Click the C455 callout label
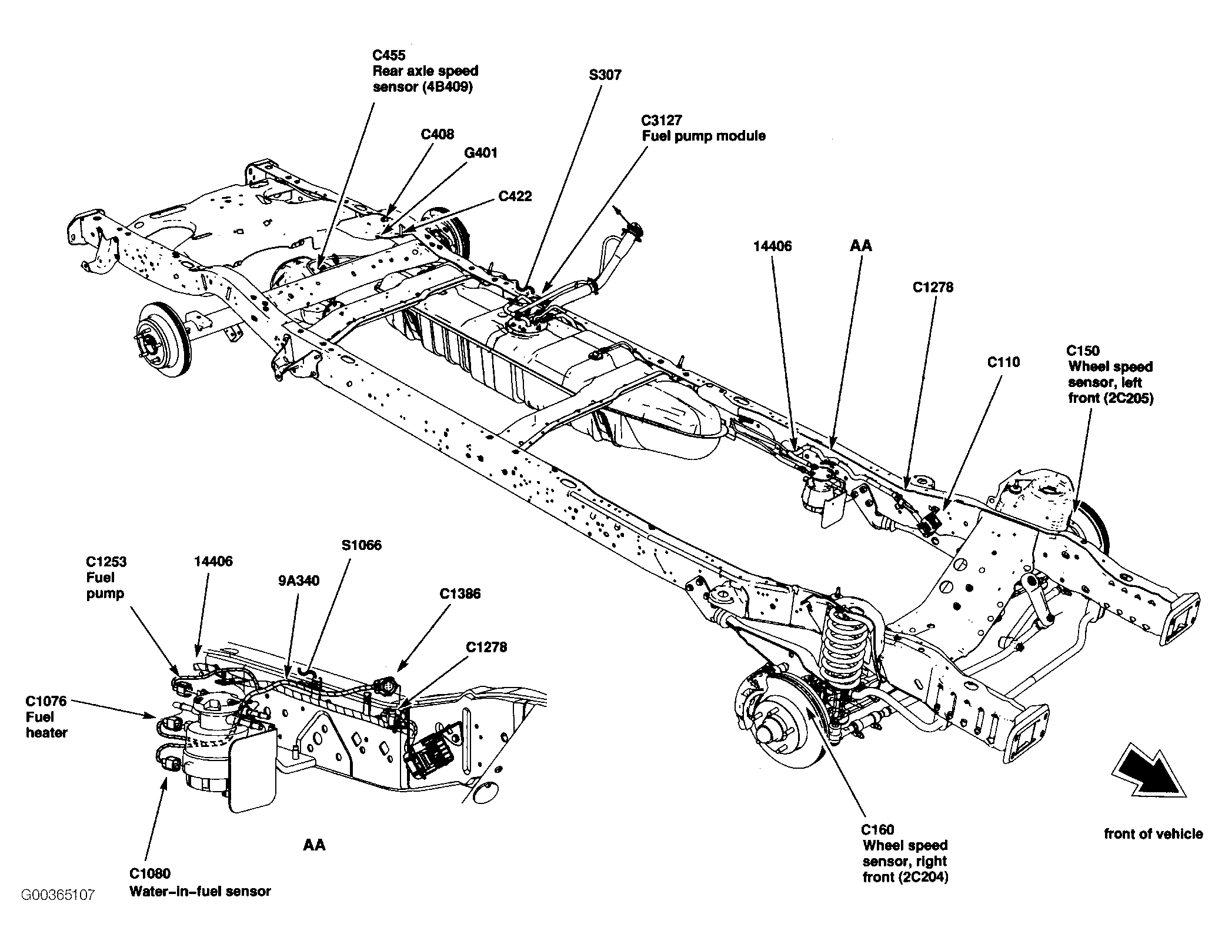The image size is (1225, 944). pyautogui.click(x=425, y=71)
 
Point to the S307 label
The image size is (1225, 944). pyautogui.click(x=605, y=75)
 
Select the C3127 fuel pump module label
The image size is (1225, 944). pyautogui.click(x=703, y=128)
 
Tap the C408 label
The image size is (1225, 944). pyautogui.click(x=437, y=134)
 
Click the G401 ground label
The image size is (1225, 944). pyautogui.click(x=480, y=153)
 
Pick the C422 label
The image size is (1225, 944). pyautogui.click(x=515, y=196)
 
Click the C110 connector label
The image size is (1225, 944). pyautogui.click(x=1003, y=362)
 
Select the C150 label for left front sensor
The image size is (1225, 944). pyautogui.click(x=1110, y=374)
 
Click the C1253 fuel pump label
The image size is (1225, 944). pyautogui.click(x=106, y=578)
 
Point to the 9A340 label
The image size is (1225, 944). pyautogui.click(x=299, y=581)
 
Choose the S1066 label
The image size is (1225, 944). pyautogui.click(x=361, y=545)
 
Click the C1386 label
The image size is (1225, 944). pyautogui.click(x=460, y=593)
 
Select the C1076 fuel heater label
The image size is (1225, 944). pyautogui.click(x=46, y=717)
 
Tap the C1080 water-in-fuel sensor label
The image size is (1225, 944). pyautogui.click(x=200, y=883)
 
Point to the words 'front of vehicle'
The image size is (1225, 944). pyautogui.click(x=1153, y=834)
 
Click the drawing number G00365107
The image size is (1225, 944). pyautogui.click(x=58, y=896)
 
